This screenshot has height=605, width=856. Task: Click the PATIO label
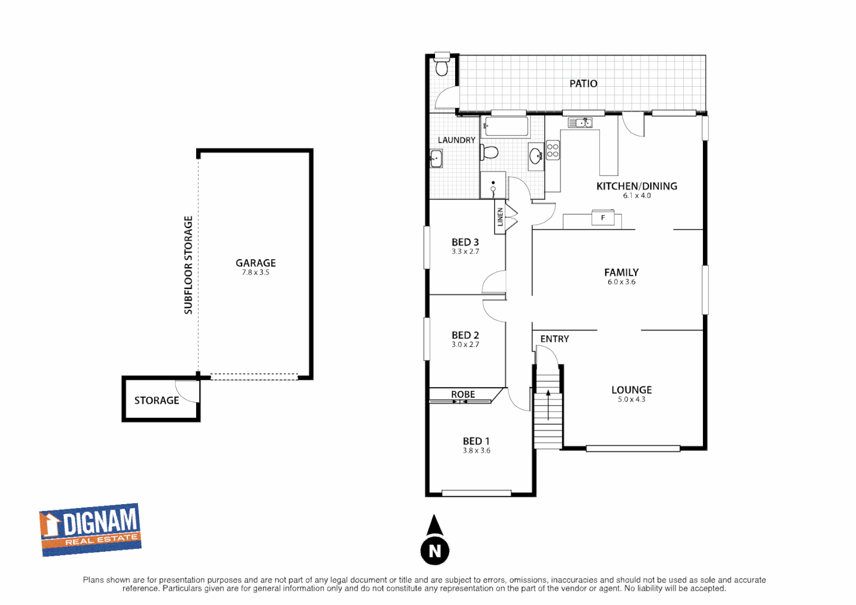click(583, 83)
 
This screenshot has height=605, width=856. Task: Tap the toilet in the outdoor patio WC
click(442, 66)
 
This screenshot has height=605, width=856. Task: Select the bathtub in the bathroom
click(506, 127)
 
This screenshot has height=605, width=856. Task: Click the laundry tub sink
click(436, 159)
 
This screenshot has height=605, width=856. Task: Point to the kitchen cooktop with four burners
click(553, 151)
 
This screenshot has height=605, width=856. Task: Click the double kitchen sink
click(580, 123)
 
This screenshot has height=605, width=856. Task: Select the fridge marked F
click(603, 218)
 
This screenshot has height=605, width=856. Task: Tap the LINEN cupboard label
click(500, 217)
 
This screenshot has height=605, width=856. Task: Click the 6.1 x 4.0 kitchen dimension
click(637, 196)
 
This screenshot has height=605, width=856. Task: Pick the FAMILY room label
click(621, 272)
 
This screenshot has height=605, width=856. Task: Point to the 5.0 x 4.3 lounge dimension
click(631, 399)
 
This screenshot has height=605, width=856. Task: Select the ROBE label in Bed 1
click(463, 394)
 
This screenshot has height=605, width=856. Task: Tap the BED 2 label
click(465, 335)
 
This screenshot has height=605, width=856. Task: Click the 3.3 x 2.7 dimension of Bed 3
click(465, 252)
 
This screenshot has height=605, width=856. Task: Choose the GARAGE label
click(256, 263)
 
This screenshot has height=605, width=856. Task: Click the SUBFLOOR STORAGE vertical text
click(188, 265)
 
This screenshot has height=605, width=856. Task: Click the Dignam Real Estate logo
click(90, 529)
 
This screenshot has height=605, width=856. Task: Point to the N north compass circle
click(435, 551)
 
